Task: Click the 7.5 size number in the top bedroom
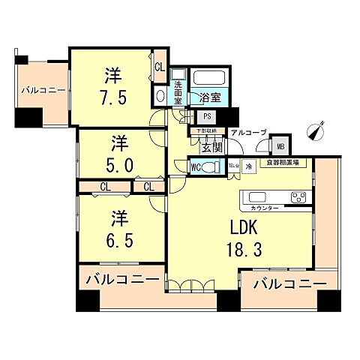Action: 112,97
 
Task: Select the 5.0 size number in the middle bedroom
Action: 116,163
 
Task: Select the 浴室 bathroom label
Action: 210,97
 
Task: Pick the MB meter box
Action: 280,147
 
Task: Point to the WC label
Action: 194,167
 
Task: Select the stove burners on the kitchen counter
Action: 298,198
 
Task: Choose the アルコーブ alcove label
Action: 248,132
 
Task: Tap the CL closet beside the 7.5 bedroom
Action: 159,67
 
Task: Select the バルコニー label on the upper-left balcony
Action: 43,90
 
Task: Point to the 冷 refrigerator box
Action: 248,166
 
